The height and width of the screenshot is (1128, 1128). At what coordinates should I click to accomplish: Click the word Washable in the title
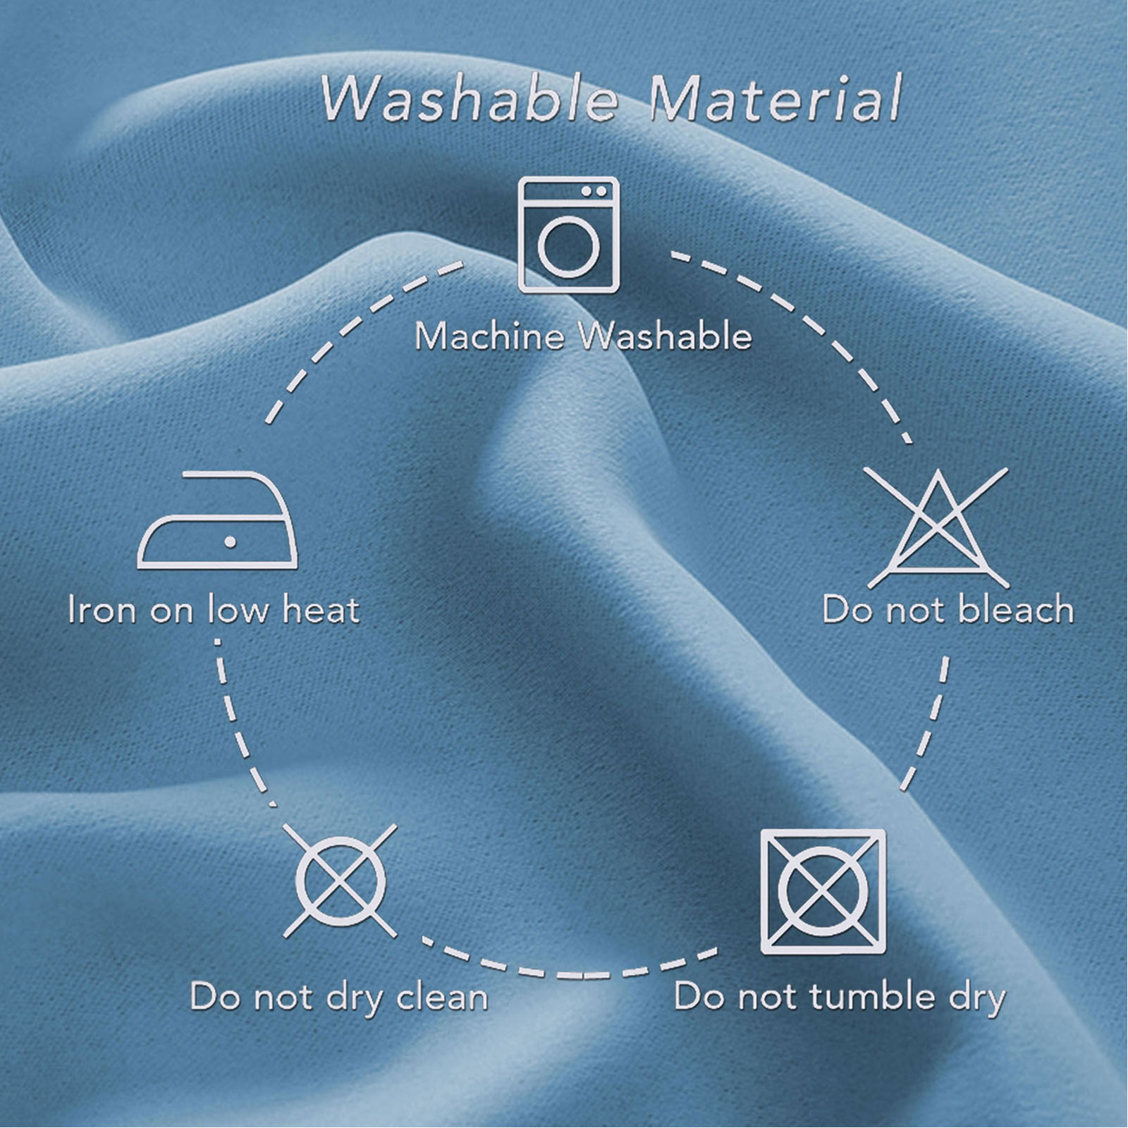[x=469, y=98]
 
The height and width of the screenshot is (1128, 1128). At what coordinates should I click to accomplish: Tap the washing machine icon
[x=569, y=235]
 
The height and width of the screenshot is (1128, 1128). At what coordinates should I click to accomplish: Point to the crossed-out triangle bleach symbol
[x=938, y=527]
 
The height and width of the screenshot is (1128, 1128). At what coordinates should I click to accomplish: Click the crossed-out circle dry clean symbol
[x=341, y=881]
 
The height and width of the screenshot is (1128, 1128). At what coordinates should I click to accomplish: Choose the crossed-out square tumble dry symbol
[x=823, y=891]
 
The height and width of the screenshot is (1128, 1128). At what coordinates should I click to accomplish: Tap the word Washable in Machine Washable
[x=666, y=336]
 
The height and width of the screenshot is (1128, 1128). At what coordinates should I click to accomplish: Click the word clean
[x=442, y=997]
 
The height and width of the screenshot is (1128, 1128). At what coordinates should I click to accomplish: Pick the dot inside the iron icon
[x=230, y=541]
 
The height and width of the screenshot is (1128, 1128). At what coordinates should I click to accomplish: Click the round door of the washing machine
[x=569, y=247]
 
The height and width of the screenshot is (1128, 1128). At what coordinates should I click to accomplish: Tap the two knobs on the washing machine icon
[x=594, y=191]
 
